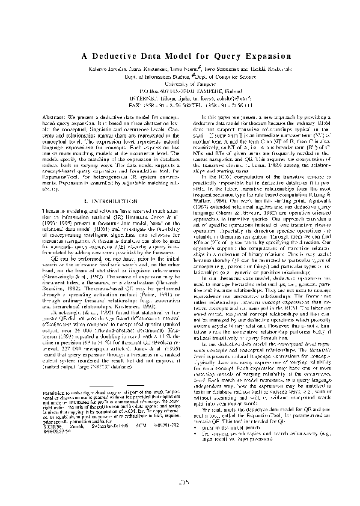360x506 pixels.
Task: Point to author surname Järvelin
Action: tap(120, 70)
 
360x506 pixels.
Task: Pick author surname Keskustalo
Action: tap(265, 70)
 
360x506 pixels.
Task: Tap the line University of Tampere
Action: tap(180, 84)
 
